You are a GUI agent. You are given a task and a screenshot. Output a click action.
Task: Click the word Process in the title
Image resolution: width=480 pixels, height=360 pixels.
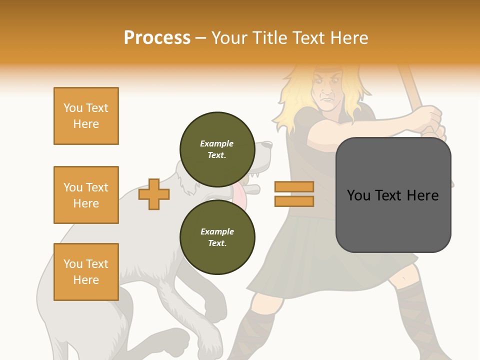(x=157, y=38)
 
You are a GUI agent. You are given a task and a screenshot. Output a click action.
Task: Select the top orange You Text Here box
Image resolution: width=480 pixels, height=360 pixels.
(x=86, y=116)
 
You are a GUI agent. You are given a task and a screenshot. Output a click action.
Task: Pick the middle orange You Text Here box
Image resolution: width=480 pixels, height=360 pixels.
(x=86, y=195)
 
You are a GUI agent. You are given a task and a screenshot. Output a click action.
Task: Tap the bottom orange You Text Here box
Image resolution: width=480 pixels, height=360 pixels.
(x=86, y=271)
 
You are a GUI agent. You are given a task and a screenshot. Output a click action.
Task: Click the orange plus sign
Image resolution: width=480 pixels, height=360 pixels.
(x=154, y=194)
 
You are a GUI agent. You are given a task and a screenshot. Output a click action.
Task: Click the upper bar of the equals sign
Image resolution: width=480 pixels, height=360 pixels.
(x=294, y=186)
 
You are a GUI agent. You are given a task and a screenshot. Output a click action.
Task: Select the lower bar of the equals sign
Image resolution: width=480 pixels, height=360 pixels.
(x=294, y=201)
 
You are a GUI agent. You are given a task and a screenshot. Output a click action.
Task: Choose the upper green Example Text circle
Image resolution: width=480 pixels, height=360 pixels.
(x=217, y=149)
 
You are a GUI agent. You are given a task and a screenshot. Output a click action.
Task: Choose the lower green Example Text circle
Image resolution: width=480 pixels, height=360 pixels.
(x=217, y=237)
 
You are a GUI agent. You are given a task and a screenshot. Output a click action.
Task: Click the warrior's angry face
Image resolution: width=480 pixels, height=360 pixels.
(x=327, y=90)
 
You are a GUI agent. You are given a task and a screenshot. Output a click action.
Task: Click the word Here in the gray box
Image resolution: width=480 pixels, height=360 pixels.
(x=422, y=195)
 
